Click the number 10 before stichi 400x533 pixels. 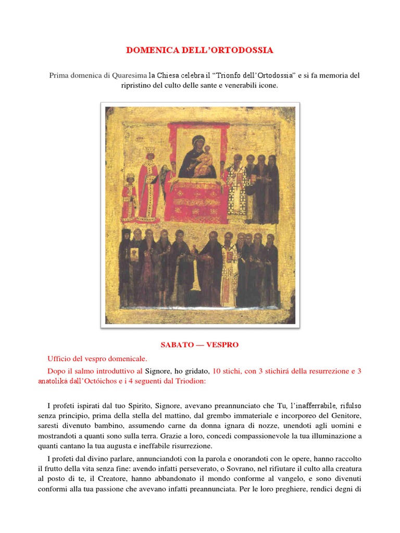tap(218, 371)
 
